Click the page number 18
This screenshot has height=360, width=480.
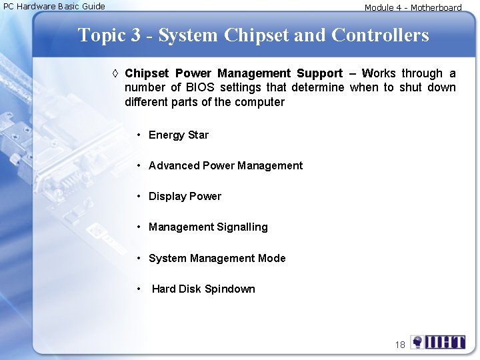[400, 345]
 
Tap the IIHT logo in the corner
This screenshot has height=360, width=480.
[438, 342]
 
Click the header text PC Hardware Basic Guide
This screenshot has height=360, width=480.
[55, 7]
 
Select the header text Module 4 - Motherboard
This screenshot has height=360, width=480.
[413, 8]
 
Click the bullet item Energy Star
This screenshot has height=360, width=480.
[178, 135]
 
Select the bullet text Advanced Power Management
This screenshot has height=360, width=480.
[225, 166]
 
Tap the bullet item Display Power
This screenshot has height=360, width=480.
[185, 197]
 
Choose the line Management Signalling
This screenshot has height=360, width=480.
[208, 227]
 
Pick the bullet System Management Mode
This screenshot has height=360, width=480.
[217, 259]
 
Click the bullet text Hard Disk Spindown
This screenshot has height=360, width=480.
[203, 289]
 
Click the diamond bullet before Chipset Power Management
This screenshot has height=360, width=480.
[117, 74]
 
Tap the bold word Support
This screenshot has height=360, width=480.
[319, 73]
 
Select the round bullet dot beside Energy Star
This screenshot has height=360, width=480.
[139, 135]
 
